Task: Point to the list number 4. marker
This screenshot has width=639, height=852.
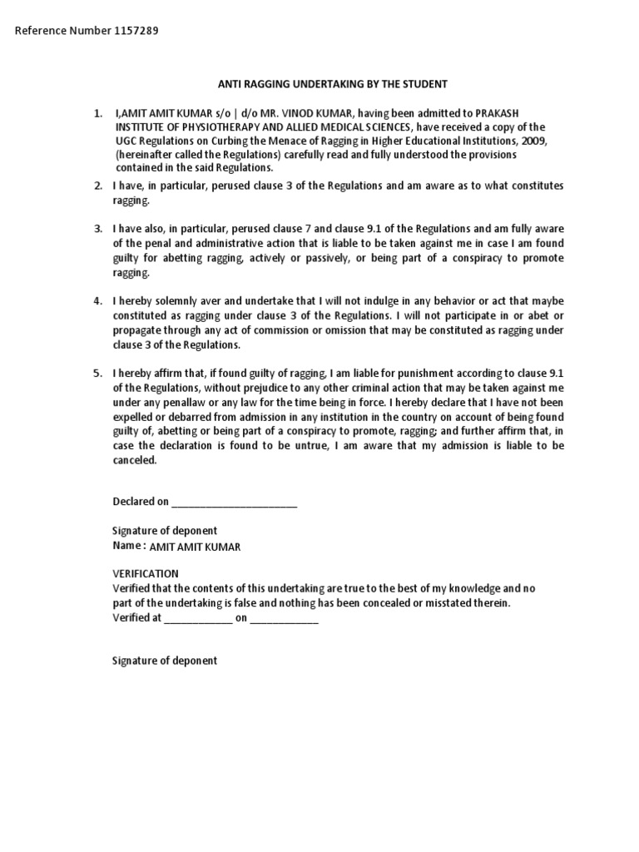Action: pyautogui.click(x=98, y=300)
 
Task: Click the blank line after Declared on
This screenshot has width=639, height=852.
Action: pyautogui.click(x=233, y=502)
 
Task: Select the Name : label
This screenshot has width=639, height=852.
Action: pyautogui.click(x=129, y=545)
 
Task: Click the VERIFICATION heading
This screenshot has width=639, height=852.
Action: pyautogui.click(x=146, y=573)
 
